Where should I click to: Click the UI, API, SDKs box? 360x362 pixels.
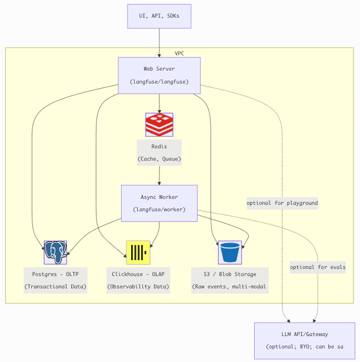[159, 16]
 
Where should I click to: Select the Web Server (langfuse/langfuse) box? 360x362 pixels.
[159, 75]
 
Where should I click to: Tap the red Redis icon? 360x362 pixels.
[159, 125]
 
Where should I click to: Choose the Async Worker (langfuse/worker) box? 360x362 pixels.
[159, 203]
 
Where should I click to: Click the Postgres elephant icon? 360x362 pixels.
[55, 252]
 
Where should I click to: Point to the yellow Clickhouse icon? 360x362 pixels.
[138, 253]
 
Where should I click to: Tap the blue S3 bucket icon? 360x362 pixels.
[230, 253]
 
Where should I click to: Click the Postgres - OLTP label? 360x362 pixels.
[55, 274]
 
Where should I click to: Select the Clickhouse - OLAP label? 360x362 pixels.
[138, 274]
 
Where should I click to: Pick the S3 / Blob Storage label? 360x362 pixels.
[229, 274]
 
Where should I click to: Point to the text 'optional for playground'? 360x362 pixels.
[282, 203]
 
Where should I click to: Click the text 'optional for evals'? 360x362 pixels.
[318, 267]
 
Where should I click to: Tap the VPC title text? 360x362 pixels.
[179, 54]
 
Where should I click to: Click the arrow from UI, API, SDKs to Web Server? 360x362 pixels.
[159, 42]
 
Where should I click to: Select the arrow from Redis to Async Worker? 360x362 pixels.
[159, 175]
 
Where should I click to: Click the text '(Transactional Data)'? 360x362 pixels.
[55, 287]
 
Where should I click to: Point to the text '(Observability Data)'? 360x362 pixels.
[138, 287]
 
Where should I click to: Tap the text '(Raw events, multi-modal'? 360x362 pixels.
[229, 287]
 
